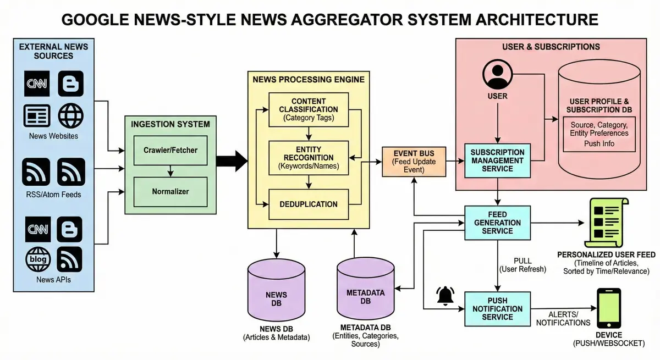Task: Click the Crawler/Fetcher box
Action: tap(170, 150)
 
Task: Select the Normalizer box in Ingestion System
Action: tap(170, 192)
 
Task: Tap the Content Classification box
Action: tap(309, 110)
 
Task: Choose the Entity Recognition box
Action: tap(309, 158)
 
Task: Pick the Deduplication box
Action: tap(309, 204)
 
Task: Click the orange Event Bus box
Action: tap(414, 162)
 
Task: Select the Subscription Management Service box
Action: tap(497, 160)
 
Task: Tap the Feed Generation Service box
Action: tap(497, 223)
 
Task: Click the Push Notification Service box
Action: tap(497, 309)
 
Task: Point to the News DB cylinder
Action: tap(276, 291)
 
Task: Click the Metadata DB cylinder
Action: tap(366, 289)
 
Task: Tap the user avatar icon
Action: tap(497, 74)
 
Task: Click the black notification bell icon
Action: tap(445, 296)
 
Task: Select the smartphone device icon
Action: tap(609, 308)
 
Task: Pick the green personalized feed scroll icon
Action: tap(606, 223)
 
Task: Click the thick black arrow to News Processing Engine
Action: tap(232, 161)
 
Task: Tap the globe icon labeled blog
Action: tap(38, 259)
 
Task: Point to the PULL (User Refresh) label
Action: tap(522, 265)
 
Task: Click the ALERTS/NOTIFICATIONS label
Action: tap(563, 319)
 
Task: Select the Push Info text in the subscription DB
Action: tap(599, 143)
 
